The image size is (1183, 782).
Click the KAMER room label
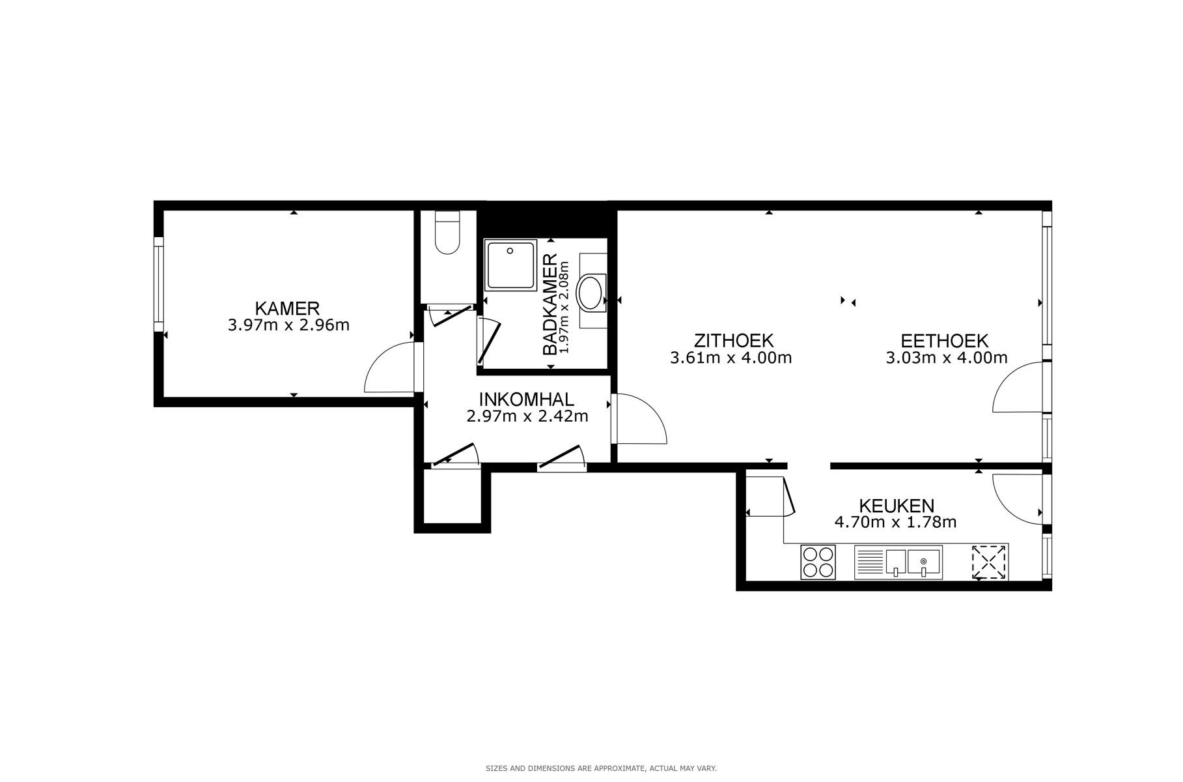coord(287,308)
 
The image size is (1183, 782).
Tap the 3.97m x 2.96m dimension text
coord(288,325)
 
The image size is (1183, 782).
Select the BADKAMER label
coord(550,304)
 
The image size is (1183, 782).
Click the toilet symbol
coord(447,233)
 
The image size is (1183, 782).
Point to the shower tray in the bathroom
coord(510,264)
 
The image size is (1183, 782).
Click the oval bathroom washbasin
coord(592,293)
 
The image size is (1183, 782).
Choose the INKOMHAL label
coord(526,399)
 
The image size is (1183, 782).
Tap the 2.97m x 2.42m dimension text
coord(527,416)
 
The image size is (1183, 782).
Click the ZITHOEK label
coord(733,340)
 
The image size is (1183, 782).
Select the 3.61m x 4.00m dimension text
coord(731,357)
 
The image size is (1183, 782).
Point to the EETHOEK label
coord(944,340)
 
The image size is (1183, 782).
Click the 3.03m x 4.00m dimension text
coord(947,357)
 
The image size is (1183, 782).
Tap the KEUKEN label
coord(897,505)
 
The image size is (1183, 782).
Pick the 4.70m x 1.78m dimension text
coord(895,522)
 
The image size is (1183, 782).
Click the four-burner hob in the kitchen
coord(818,562)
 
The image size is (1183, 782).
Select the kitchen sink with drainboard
coord(898,562)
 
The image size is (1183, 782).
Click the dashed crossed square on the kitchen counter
coord(988,562)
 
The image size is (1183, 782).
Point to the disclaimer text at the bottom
coord(601,768)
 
